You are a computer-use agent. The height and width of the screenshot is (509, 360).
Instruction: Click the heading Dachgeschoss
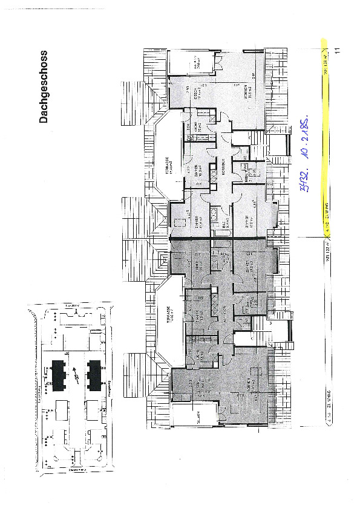44,86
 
